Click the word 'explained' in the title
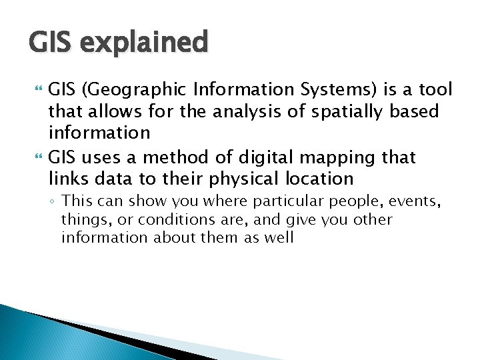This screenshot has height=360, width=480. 142,43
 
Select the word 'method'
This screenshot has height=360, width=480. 167,158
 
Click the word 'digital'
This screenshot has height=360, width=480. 261,158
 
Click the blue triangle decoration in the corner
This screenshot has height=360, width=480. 40,333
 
